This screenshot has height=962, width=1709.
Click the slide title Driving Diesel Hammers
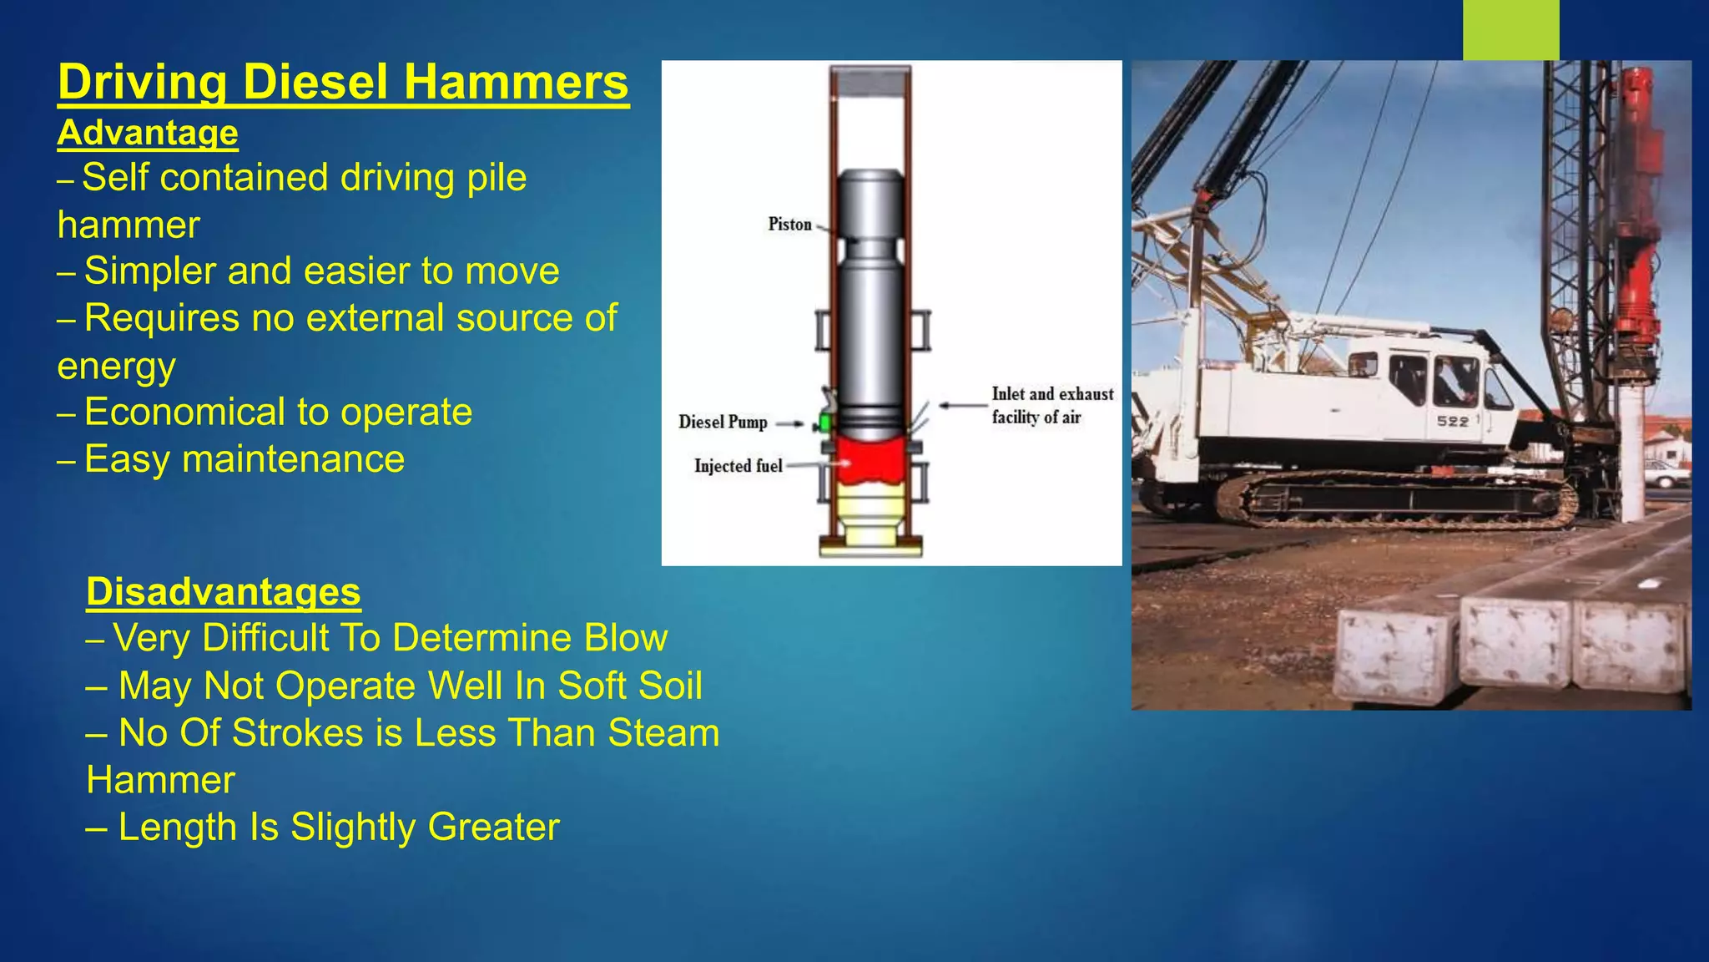pos(343,83)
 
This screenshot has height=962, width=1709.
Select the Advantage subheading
pos(148,133)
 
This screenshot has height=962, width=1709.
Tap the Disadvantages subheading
pos(224,591)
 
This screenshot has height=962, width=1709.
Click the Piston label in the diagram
pos(789,224)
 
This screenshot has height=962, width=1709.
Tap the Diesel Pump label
pos(723,422)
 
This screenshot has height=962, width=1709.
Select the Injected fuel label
pos(738,465)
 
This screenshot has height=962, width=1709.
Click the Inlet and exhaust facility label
pos(1052,405)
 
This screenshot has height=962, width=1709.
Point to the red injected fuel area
pos(870,461)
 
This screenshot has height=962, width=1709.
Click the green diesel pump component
pos(825,422)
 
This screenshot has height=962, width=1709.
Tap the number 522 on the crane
pos(1453,421)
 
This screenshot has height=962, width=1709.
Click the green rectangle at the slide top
pos(1510,29)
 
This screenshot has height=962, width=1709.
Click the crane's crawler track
pos(1394,501)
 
